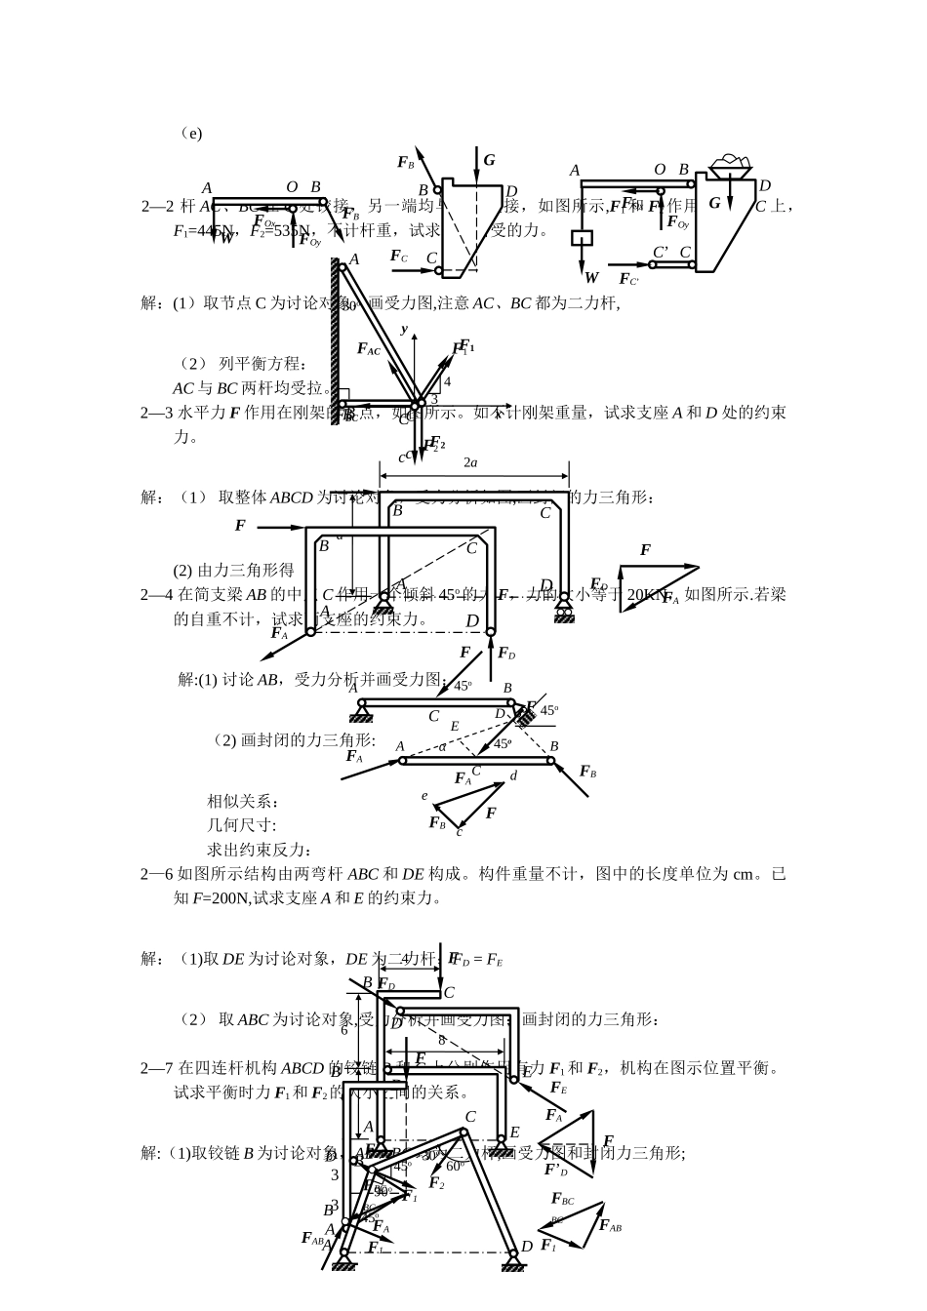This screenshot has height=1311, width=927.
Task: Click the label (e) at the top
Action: [191, 133]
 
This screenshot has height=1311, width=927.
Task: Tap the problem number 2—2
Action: [157, 206]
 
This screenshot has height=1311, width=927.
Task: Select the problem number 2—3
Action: [157, 413]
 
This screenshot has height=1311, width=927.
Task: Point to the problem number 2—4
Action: [157, 594]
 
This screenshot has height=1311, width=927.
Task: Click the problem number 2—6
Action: [157, 874]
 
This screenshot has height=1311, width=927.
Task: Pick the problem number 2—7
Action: [157, 1068]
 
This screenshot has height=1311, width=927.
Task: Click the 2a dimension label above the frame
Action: [469, 462]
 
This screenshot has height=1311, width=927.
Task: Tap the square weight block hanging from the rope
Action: [584, 237]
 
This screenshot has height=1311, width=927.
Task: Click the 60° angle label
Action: [455, 1167]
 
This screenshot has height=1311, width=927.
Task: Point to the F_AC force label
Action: [368, 349]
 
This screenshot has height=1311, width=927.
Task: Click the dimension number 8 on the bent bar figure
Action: [441, 1040]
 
